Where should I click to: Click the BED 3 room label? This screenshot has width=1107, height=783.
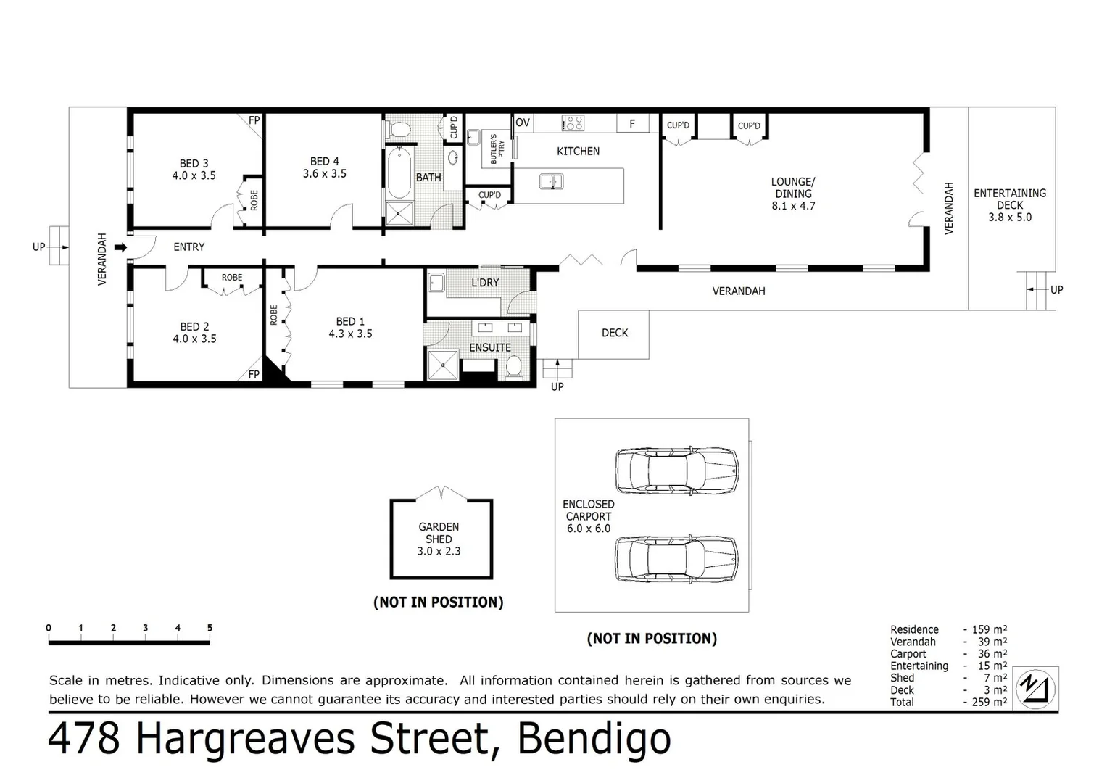pyautogui.click(x=194, y=164)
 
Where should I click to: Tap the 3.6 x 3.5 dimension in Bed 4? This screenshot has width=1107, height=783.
pyautogui.click(x=324, y=174)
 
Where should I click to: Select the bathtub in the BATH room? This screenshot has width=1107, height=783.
pyautogui.click(x=398, y=173)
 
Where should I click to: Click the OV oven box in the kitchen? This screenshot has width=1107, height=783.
pyautogui.click(x=523, y=123)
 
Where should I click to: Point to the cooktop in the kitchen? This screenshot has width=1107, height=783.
pyautogui.click(x=573, y=123)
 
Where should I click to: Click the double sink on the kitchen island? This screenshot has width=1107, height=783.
pyautogui.click(x=552, y=181)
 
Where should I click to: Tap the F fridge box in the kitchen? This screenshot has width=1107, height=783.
pyautogui.click(x=632, y=124)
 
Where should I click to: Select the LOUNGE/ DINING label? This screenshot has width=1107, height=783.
pyautogui.click(x=793, y=188)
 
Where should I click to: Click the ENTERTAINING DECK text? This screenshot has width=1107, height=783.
pyautogui.click(x=1010, y=199)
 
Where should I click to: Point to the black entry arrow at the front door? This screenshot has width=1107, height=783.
pyautogui.click(x=120, y=247)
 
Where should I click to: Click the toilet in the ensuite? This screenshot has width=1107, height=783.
pyautogui.click(x=514, y=367)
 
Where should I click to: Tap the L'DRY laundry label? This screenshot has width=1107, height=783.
pyautogui.click(x=485, y=283)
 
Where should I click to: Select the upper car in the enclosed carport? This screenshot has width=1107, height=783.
pyautogui.click(x=676, y=468)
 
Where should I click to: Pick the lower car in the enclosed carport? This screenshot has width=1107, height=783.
pyautogui.click(x=676, y=559)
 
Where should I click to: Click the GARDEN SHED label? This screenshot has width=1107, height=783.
pyautogui.click(x=439, y=533)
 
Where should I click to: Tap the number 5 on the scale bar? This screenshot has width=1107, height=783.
pyautogui.click(x=210, y=628)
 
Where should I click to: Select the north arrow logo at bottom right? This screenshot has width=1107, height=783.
pyautogui.click(x=1036, y=687)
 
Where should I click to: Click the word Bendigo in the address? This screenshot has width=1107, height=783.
pyautogui.click(x=594, y=739)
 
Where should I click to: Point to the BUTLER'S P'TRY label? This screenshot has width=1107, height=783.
pyautogui.click(x=497, y=149)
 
